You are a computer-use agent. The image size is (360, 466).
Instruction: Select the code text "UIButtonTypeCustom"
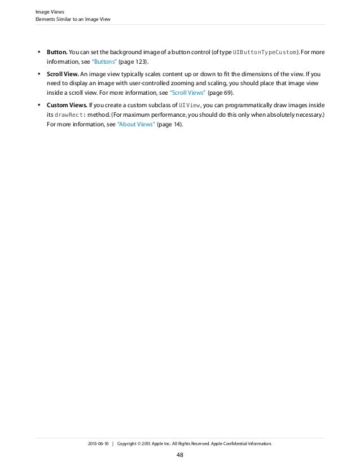click(265, 52)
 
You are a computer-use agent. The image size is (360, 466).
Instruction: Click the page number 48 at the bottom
click(180, 455)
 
